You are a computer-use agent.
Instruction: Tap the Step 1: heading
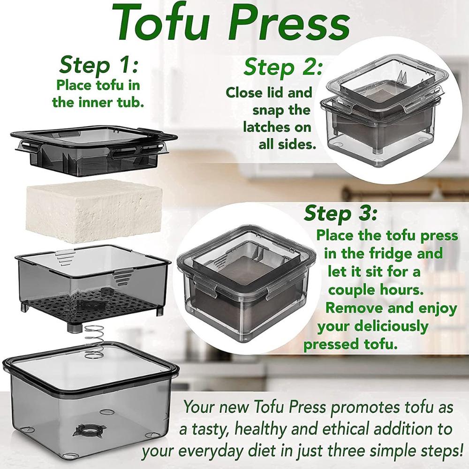[x=98, y=66]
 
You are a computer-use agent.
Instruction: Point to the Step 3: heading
[x=340, y=213]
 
